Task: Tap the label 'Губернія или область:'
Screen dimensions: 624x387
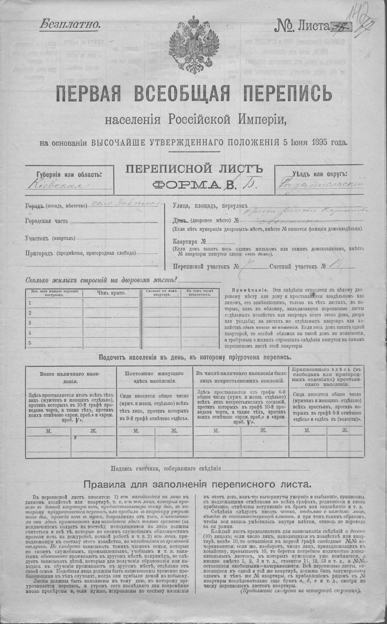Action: (69, 175)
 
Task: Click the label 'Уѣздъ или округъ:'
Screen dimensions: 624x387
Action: (320, 174)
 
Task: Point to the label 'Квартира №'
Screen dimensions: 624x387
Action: (189, 241)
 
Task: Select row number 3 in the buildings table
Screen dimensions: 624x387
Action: (30, 323)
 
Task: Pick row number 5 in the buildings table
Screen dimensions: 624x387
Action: (30, 343)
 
